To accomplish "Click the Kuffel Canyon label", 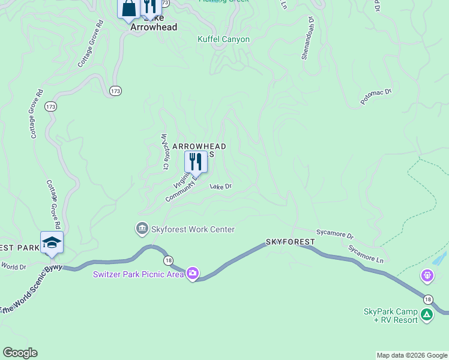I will (x=224, y=40).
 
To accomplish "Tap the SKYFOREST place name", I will (x=291, y=242).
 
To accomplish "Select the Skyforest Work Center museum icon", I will (x=142, y=229).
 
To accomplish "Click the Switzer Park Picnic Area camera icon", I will (x=193, y=274).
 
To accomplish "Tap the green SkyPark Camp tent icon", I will (x=426, y=314).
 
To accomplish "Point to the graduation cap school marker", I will (x=52, y=242).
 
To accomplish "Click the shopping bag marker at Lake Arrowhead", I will (x=129, y=8).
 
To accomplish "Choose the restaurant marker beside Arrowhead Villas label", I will (x=195, y=162).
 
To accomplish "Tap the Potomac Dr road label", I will (x=376, y=97).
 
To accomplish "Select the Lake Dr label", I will (x=220, y=187).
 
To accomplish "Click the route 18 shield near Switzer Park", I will (x=168, y=259).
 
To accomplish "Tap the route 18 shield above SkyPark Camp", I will (x=427, y=299).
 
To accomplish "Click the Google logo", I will (x=20, y=353).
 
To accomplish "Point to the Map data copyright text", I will (x=412, y=355).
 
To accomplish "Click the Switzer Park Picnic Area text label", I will (x=138, y=275).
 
